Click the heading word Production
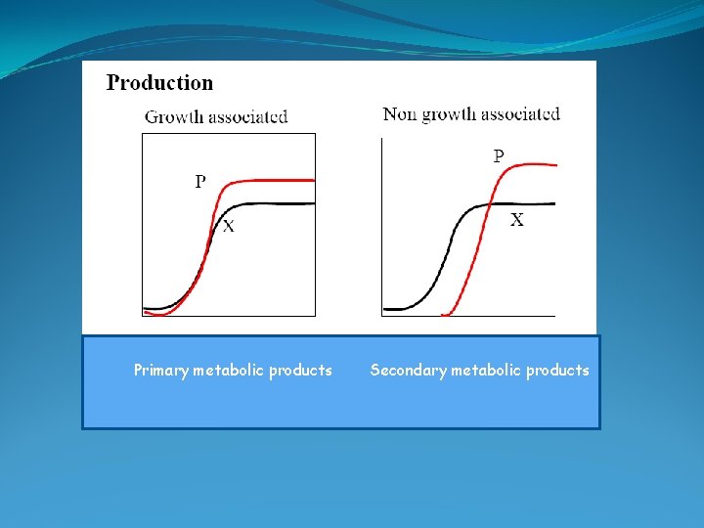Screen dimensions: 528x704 (x=159, y=83)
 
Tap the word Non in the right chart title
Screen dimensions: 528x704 (x=400, y=114)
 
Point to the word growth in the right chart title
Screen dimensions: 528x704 (x=450, y=115)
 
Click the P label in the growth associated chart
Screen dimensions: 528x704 (x=200, y=181)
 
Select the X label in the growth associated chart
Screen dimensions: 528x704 (x=228, y=227)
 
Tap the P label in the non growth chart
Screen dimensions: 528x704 (x=499, y=155)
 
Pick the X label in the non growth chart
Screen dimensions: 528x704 (x=516, y=221)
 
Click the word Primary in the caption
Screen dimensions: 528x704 (x=161, y=371)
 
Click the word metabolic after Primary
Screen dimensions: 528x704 (x=229, y=371)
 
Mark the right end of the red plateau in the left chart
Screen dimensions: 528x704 (x=314, y=180)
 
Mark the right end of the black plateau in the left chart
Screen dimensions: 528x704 (x=314, y=203)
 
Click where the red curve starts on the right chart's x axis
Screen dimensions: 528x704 (x=445, y=315)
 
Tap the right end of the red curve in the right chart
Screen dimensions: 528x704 (x=555, y=165)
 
